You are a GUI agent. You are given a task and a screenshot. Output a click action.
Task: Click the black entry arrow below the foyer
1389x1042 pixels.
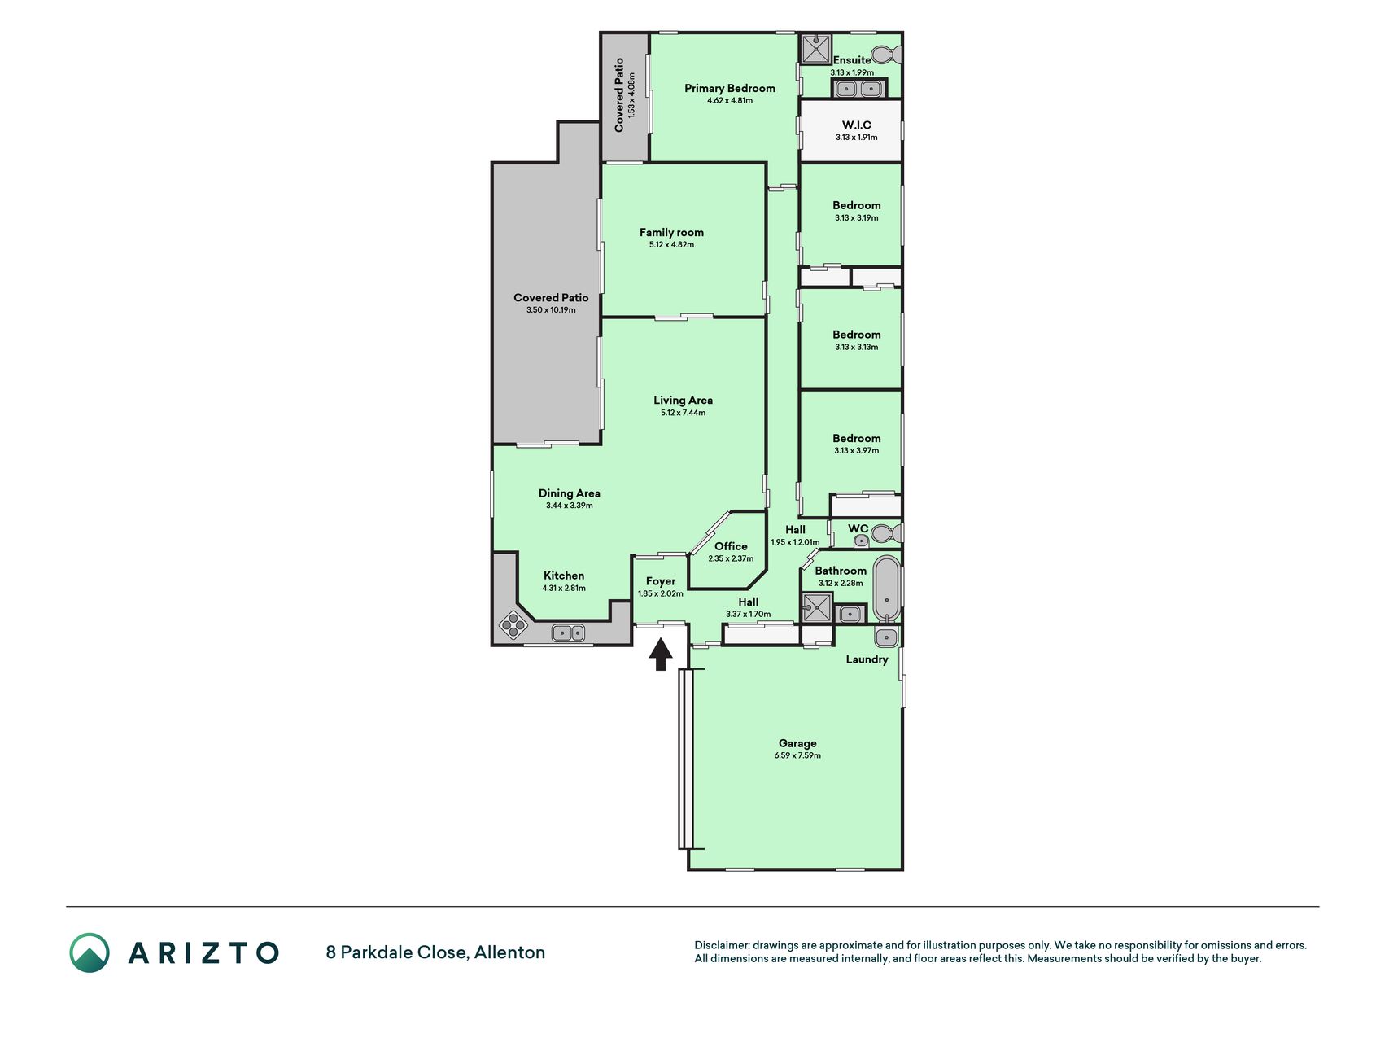pyautogui.click(x=661, y=654)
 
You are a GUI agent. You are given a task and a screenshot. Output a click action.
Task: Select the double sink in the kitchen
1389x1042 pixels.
pyautogui.click(x=568, y=632)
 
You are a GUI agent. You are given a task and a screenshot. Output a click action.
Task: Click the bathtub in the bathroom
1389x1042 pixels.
pyautogui.click(x=886, y=588)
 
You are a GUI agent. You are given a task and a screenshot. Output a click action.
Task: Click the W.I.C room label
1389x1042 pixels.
pyautogui.click(x=856, y=125)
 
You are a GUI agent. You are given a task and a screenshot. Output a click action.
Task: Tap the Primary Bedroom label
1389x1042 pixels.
pyautogui.click(x=730, y=88)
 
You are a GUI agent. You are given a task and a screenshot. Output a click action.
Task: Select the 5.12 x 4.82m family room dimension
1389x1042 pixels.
pyautogui.click(x=671, y=244)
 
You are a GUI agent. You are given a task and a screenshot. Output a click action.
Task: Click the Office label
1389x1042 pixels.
pyautogui.click(x=731, y=546)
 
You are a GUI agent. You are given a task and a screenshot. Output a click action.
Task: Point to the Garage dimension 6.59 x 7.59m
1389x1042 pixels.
pyautogui.click(x=797, y=755)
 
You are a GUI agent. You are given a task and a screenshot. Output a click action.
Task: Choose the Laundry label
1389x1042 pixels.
pyautogui.click(x=867, y=659)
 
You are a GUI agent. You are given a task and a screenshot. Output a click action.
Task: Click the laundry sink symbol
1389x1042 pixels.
pyautogui.click(x=886, y=637)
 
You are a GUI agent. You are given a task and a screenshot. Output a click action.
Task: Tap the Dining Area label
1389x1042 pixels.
pyautogui.click(x=570, y=493)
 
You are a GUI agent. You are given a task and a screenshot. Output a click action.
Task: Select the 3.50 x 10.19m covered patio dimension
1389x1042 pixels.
pyautogui.click(x=551, y=310)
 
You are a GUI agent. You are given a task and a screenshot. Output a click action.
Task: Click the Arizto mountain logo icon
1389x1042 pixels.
pyautogui.click(x=89, y=952)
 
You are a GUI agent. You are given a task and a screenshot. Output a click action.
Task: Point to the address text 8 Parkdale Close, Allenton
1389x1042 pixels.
pyautogui.click(x=435, y=952)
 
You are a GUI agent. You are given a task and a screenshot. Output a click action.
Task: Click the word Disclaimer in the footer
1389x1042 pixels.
pyautogui.click(x=721, y=945)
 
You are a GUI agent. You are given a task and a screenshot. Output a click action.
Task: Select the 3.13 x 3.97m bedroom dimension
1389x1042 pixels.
pyautogui.click(x=856, y=450)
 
